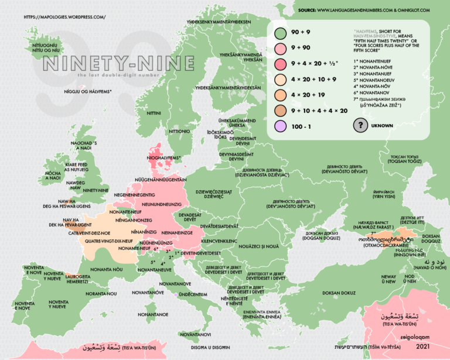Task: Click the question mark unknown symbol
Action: click(x=360, y=125)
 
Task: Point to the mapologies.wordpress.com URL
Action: click(x=64, y=17)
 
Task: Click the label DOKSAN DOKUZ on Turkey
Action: click(x=339, y=292)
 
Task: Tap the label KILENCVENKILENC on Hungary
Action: click(x=219, y=241)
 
